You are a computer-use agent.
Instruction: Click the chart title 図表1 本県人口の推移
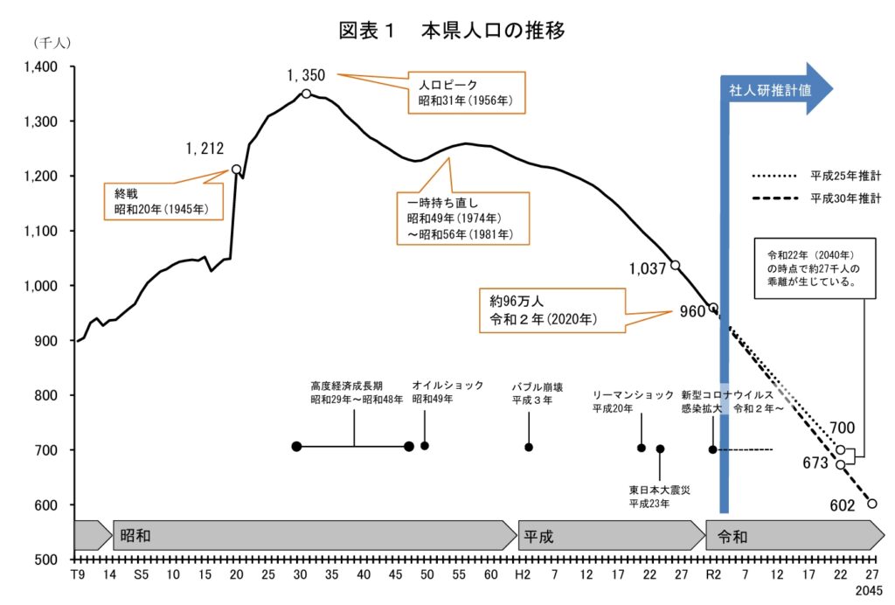tap(452, 31)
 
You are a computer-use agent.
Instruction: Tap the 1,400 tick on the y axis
tap(40, 67)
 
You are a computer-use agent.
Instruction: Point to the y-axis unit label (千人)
tap(52, 42)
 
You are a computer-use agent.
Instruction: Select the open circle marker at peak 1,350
tap(306, 94)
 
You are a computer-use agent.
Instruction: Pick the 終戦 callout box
tap(163, 200)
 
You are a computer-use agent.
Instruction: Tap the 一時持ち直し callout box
tap(454, 218)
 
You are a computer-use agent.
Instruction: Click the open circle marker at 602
tap(871, 504)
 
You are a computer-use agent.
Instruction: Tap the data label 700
tap(843, 428)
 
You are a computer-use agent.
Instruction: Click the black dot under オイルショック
tap(425, 446)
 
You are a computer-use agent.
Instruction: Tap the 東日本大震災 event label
tap(660, 497)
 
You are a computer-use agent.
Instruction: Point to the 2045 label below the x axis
tap(871, 592)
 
